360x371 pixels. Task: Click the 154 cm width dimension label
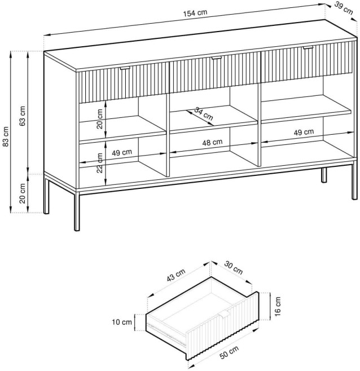click(x=195, y=12)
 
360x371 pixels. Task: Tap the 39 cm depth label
click(x=344, y=9)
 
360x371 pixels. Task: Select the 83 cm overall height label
click(x=6, y=136)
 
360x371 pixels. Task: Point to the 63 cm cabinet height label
click(x=23, y=116)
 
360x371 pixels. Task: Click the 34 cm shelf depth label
click(x=204, y=113)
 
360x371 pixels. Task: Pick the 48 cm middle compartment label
click(x=212, y=143)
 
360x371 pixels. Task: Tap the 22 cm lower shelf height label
click(x=100, y=163)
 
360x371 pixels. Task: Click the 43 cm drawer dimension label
click(x=175, y=275)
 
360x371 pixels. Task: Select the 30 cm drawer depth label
click(x=234, y=268)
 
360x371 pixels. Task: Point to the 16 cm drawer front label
click(x=278, y=306)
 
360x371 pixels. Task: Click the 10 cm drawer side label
click(x=122, y=322)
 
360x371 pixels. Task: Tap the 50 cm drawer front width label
click(x=229, y=352)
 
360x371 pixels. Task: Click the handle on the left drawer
click(x=125, y=68)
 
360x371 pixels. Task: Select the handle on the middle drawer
click(x=217, y=58)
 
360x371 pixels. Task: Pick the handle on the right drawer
click(x=308, y=48)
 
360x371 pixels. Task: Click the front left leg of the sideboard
click(x=77, y=211)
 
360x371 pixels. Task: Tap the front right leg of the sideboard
click(x=354, y=180)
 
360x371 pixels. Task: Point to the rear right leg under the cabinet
click(x=324, y=175)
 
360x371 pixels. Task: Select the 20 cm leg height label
click(x=23, y=193)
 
